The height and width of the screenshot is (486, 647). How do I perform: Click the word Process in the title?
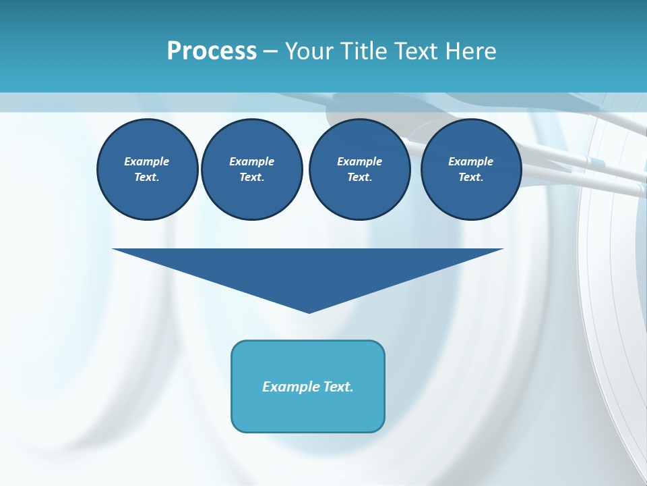pyautogui.click(x=212, y=51)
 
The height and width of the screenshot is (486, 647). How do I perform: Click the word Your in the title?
pyautogui.click(x=309, y=51)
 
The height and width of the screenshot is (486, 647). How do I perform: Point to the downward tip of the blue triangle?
pyautogui.click(x=309, y=312)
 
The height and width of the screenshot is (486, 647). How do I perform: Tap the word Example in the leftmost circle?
pyautogui.click(x=147, y=161)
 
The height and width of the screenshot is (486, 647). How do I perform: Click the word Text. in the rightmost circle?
pyautogui.click(x=471, y=178)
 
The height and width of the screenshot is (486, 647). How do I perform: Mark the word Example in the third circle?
pyautogui.click(x=359, y=161)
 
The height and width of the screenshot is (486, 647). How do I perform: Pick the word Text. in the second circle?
pyautogui.click(x=252, y=178)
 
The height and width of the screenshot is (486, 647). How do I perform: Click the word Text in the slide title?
pyautogui.click(x=412, y=51)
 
